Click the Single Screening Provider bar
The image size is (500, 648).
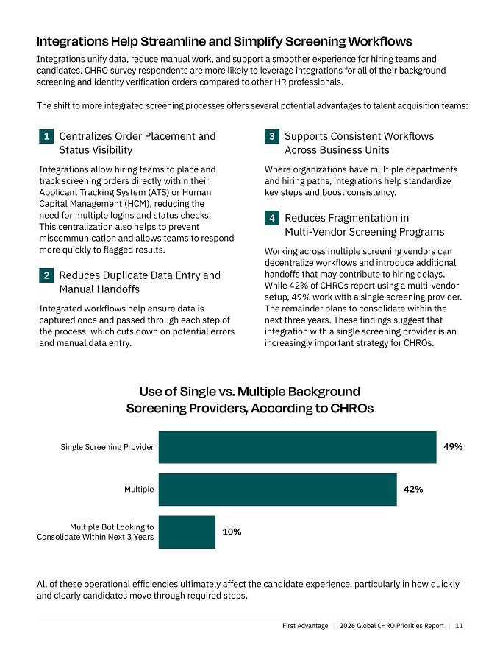(298, 447)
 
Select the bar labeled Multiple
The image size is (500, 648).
(278, 489)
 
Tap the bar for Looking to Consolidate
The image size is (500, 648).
(187, 532)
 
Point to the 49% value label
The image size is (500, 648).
(453, 447)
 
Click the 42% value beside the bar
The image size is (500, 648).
(413, 489)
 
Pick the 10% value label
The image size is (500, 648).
(232, 532)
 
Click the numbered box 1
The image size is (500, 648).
(46, 136)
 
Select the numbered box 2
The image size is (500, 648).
(46, 275)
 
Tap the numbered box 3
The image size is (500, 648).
(272, 136)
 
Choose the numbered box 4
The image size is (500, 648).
(272, 218)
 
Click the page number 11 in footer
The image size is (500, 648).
(459, 626)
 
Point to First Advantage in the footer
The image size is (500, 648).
(305, 626)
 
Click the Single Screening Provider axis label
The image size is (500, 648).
(107, 447)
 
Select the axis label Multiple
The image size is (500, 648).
(139, 489)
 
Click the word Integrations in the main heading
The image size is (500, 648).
(73, 42)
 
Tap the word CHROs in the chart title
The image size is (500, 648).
(353, 408)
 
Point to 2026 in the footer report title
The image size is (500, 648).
(347, 626)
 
